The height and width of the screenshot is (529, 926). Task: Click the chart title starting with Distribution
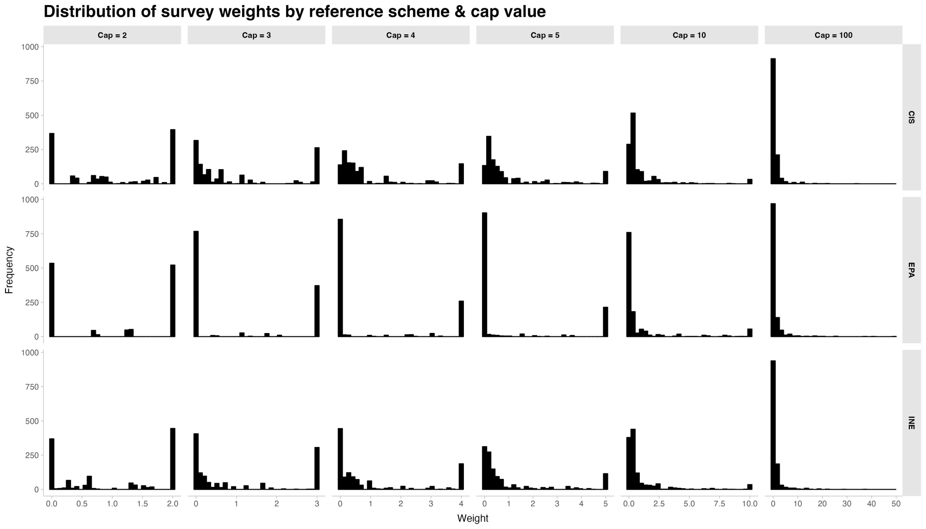294,12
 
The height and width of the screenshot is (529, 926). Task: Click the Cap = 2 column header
112,35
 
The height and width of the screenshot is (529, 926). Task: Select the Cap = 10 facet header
689,35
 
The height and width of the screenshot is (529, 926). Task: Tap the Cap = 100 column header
833,35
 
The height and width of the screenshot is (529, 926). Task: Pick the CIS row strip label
911,117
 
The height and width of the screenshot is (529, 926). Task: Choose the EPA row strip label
911,270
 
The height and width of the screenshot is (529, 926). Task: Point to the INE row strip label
911,423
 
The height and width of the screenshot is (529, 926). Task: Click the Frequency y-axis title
9,270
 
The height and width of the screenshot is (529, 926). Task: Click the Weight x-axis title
473,518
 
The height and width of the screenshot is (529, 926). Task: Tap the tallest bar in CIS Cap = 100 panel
773,121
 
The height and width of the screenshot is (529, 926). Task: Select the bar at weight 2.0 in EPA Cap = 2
173,301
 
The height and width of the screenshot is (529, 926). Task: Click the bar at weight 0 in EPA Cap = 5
484,275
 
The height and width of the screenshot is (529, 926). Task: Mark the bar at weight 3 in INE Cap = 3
317,468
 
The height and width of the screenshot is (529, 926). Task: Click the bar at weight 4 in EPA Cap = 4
461,319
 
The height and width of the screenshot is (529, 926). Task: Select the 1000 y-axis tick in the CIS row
29,47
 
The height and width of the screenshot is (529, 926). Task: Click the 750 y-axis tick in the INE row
32,387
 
